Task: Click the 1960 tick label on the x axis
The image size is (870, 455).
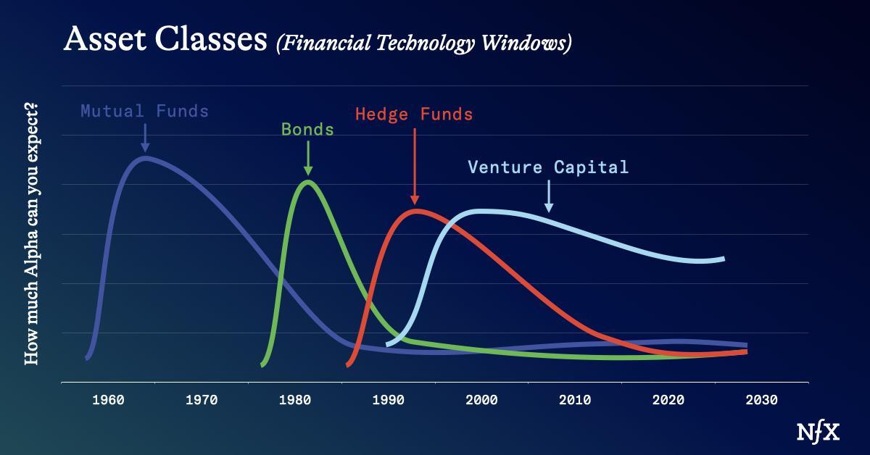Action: click(x=108, y=400)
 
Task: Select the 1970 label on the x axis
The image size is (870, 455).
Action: click(x=202, y=400)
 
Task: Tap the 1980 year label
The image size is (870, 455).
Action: click(x=295, y=400)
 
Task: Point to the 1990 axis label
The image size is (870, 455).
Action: click(x=389, y=400)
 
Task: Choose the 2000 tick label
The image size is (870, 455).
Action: click(x=481, y=400)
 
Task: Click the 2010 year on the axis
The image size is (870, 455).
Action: click(x=575, y=400)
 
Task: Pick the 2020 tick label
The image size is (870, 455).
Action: click(x=668, y=400)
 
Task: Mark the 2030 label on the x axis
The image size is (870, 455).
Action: click(x=762, y=400)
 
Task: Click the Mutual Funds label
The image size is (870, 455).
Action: click(x=144, y=111)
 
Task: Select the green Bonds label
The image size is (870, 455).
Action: click(x=307, y=129)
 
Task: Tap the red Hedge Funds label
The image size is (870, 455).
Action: click(x=414, y=114)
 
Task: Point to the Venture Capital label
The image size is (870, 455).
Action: click(x=548, y=167)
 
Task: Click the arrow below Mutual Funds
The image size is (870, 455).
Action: click(x=145, y=138)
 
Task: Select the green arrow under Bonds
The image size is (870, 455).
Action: click(x=308, y=158)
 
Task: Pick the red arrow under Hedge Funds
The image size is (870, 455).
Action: click(x=415, y=166)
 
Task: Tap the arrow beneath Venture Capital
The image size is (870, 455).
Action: click(x=549, y=196)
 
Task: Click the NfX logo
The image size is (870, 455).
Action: click(x=818, y=433)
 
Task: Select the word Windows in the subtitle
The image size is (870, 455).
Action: click(x=526, y=43)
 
